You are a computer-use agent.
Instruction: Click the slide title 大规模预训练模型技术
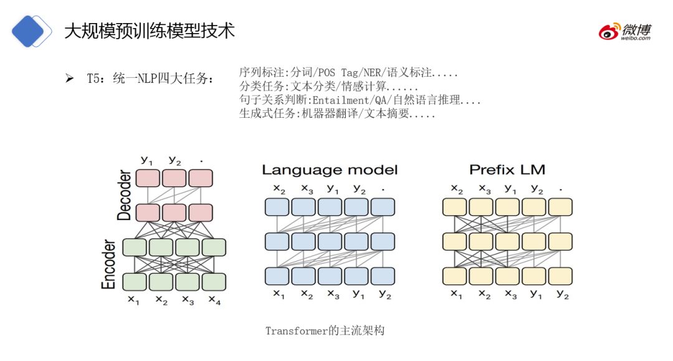point(150,30)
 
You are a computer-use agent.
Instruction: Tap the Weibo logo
point(625,31)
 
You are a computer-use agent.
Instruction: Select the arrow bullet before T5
point(69,79)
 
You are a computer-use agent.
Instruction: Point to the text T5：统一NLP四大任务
point(150,79)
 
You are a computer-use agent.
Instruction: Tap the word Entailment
point(342,100)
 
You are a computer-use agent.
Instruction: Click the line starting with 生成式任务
point(337,114)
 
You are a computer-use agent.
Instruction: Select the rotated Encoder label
point(110,264)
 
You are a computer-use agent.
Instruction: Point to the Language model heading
point(330,170)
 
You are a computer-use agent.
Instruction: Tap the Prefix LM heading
point(507,170)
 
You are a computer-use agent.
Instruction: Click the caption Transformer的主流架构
point(325,330)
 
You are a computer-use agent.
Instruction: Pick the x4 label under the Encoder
point(214,301)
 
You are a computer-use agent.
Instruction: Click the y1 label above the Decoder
point(147,160)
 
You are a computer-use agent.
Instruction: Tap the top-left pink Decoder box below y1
point(148,178)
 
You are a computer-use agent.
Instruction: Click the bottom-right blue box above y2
point(383,276)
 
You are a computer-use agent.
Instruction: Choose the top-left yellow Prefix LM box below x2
point(455,207)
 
